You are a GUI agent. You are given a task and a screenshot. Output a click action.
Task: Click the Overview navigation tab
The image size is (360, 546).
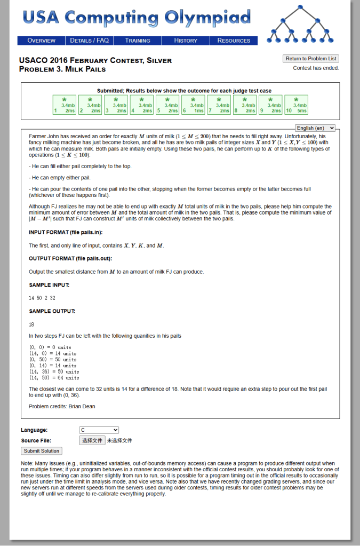click(x=42, y=41)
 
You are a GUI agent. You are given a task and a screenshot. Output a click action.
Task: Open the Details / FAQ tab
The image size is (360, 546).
click(x=90, y=41)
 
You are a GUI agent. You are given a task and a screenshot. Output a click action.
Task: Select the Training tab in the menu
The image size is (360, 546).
click(x=138, y=41)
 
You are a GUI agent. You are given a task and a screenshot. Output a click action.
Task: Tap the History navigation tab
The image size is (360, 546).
click(x=186, y=41)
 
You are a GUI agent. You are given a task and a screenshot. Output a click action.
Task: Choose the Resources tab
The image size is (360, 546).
click(x=234, y=41)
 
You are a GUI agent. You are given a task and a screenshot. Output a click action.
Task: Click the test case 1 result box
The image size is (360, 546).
click(x=64, y=105)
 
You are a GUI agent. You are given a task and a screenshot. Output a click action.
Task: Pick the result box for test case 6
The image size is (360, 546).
click(x=193, y=105)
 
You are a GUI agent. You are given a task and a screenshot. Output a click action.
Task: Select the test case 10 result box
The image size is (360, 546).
click(x=296, y=105)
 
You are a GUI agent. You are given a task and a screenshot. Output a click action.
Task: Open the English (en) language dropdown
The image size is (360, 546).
click(x=315, y=128)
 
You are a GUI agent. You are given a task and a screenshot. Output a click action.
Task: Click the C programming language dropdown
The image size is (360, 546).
click(x=99, y=430)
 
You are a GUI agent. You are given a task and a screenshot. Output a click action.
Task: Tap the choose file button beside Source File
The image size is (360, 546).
click(x=92, y=440)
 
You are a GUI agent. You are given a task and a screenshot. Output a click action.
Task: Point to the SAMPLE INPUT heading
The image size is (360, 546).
click(x=49, y=285)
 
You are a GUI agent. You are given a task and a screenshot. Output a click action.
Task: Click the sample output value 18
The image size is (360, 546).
click(x=31, y=324)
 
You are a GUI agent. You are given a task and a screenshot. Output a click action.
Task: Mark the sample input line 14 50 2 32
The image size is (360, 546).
click(x=42, y=298)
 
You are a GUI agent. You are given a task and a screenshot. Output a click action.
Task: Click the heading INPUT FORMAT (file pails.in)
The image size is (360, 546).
click(x=66, y=232)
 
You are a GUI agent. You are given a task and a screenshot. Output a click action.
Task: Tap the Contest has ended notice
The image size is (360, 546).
click(x=316, y=68)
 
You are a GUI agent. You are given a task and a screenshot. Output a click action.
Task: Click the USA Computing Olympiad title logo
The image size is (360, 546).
click(x=137, y=18)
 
